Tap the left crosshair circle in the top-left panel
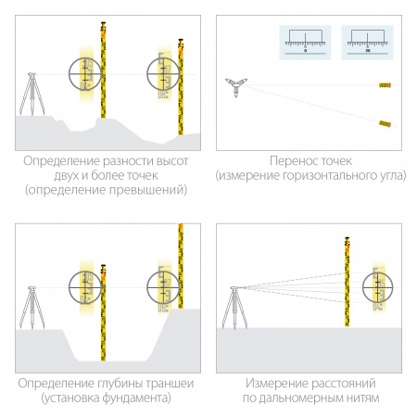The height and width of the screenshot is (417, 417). coord(87,74)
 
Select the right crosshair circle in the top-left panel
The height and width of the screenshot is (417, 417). coord(164,74)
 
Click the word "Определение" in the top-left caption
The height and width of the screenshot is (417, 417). coord(56,160)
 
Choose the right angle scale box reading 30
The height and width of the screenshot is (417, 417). coord(367,42)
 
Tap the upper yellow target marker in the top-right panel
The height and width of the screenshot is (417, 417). coord(384,86)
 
